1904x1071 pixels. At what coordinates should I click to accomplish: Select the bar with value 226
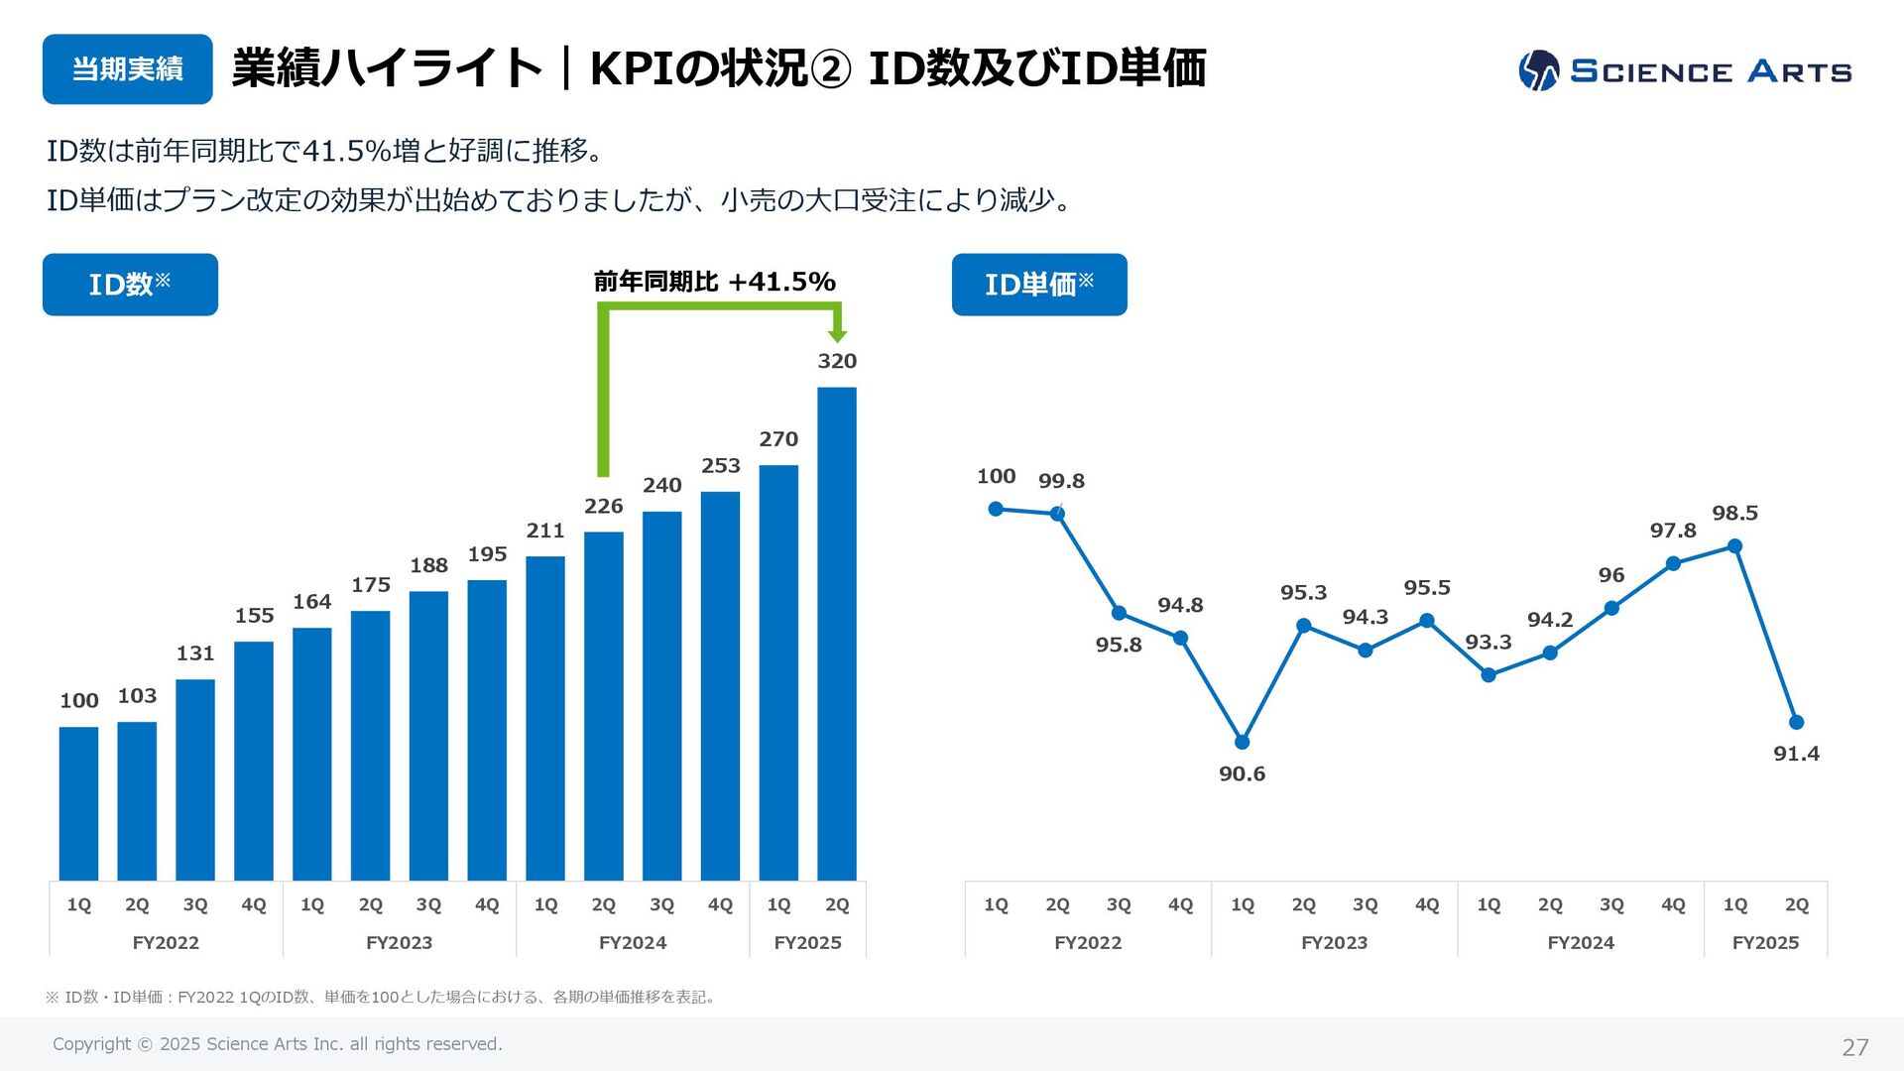pyautogui.click(x=603, y=705)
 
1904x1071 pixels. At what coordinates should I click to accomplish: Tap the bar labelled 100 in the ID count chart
pyautogui.click(x=78, y=803)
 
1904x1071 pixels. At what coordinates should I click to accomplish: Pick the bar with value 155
pyautogui.click(x=253, y=760)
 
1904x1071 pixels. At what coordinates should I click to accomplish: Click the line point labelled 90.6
pyautogui.click(x=1242, y=742)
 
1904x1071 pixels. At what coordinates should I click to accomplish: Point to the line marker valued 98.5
pyautogui.click(x=1734, y=546)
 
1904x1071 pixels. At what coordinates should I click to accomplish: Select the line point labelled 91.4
pyautogui.click(x=1796, y=722)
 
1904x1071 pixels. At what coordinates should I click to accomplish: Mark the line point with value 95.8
pyautogui.click(x=1119, y=613)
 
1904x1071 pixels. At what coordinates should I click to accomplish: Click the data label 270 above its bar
pyautogui.click(x=778, y=439)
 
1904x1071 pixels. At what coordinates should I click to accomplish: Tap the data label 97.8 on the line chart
pyautogui.click(x=1673, y=531)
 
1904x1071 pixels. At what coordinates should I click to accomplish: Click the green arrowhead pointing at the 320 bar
pyautogui.click(x=837, y=335)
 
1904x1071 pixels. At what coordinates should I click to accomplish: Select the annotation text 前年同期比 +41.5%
pyautogui.click(x=714, y=282)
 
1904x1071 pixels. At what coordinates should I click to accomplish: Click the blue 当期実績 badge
pyautogui.click(x=127, y=69)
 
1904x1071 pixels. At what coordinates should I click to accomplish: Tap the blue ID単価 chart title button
pyautogui.click(x=1039, y=285)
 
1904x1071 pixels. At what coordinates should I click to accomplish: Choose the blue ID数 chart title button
pyautogui.click(x=130, y=285)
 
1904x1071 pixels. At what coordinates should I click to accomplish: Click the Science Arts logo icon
pyautogui.click(x=1538, y=70)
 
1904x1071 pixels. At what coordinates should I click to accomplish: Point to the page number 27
pyautogui.click(x=1854, y=1047)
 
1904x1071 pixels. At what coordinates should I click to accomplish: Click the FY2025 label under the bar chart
pyautogui.click(x=807, y=943)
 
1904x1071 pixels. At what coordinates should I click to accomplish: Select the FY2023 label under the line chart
pyautogui.click(x=1334, y=943)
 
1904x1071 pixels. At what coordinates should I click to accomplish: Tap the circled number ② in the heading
pyautogui.click(x=831, y=69)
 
